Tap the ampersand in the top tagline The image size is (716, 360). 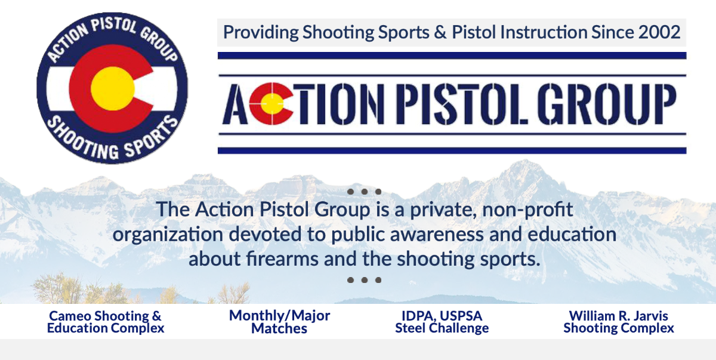pos(440,32)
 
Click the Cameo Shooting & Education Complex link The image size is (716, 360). pos(106,322)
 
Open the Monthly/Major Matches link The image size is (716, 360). pos(279,322)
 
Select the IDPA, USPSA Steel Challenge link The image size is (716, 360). pos(442,322)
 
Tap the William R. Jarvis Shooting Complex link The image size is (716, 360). pos(619,322)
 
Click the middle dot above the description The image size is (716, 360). pos(364,192)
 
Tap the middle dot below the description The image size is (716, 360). pos(364,279)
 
